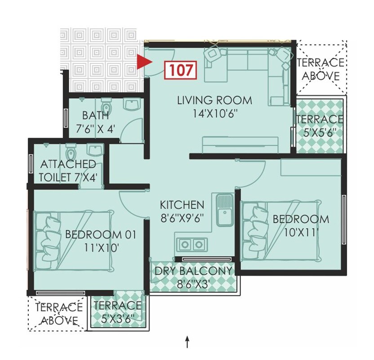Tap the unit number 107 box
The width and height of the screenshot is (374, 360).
(181, 70)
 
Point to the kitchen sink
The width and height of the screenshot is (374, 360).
(224, 210)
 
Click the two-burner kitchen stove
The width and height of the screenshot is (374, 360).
(191, 244)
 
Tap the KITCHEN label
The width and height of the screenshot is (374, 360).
(182, 205)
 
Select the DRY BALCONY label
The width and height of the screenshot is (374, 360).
(193, 271)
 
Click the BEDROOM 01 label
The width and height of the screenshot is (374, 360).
(100, 234)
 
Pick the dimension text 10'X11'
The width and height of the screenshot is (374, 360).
(302, 233)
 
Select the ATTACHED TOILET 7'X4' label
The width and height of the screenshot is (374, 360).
(67, 170)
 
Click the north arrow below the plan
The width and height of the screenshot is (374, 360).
(187, 343)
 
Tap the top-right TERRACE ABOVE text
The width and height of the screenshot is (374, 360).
(320, 69)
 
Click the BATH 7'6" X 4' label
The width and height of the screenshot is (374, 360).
(96, 122)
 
